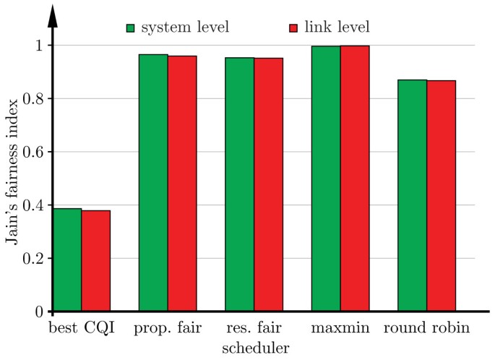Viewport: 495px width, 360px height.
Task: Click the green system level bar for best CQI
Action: (x=67, y=260)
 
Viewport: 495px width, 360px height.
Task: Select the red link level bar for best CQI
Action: (x=95, y=261)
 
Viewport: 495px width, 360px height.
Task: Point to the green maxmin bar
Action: (x=326, y=179)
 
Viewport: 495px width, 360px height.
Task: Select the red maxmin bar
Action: (x=355, y=179)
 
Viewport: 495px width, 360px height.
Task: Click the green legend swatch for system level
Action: (x=131, y=28)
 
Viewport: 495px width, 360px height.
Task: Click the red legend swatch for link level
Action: (x=293, y=28)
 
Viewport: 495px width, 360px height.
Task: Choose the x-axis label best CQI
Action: (x=81, y=329)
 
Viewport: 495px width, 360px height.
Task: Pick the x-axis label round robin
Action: (x=426, y=329)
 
